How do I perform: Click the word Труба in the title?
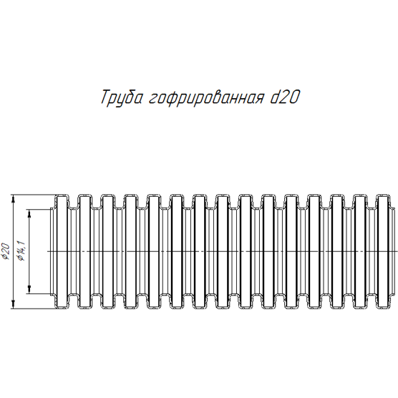click(x=121, y=97)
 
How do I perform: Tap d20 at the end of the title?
click(x=283, y=97)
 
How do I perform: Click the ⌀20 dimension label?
click(x=6, y=251)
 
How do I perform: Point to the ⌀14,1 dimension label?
click(x=21, y=251)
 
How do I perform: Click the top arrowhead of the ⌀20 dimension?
click(x=14, y=199)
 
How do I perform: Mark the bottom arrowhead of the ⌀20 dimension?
click(x=14, y=304)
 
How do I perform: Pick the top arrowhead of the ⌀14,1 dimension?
click(x=29, y=214)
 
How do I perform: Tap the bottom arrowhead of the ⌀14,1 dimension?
click(x=29, y=290)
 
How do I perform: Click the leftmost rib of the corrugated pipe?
click(x=62, y=252)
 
